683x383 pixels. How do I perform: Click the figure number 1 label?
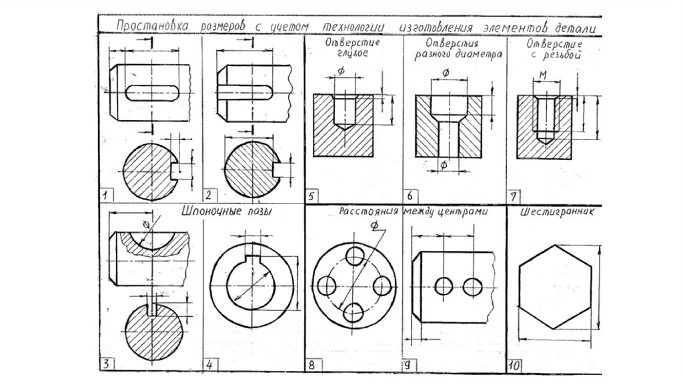(x=105, y=195)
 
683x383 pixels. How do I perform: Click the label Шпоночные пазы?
(x=230, y=212)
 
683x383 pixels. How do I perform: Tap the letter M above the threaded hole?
(x=544, y=73)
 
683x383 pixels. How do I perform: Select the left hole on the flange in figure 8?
(x=327, y=286)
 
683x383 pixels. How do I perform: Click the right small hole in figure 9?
(x=474, y=286)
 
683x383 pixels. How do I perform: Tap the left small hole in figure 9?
(x=442, y=286)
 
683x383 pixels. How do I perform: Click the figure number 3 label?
(x=105, y=364)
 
